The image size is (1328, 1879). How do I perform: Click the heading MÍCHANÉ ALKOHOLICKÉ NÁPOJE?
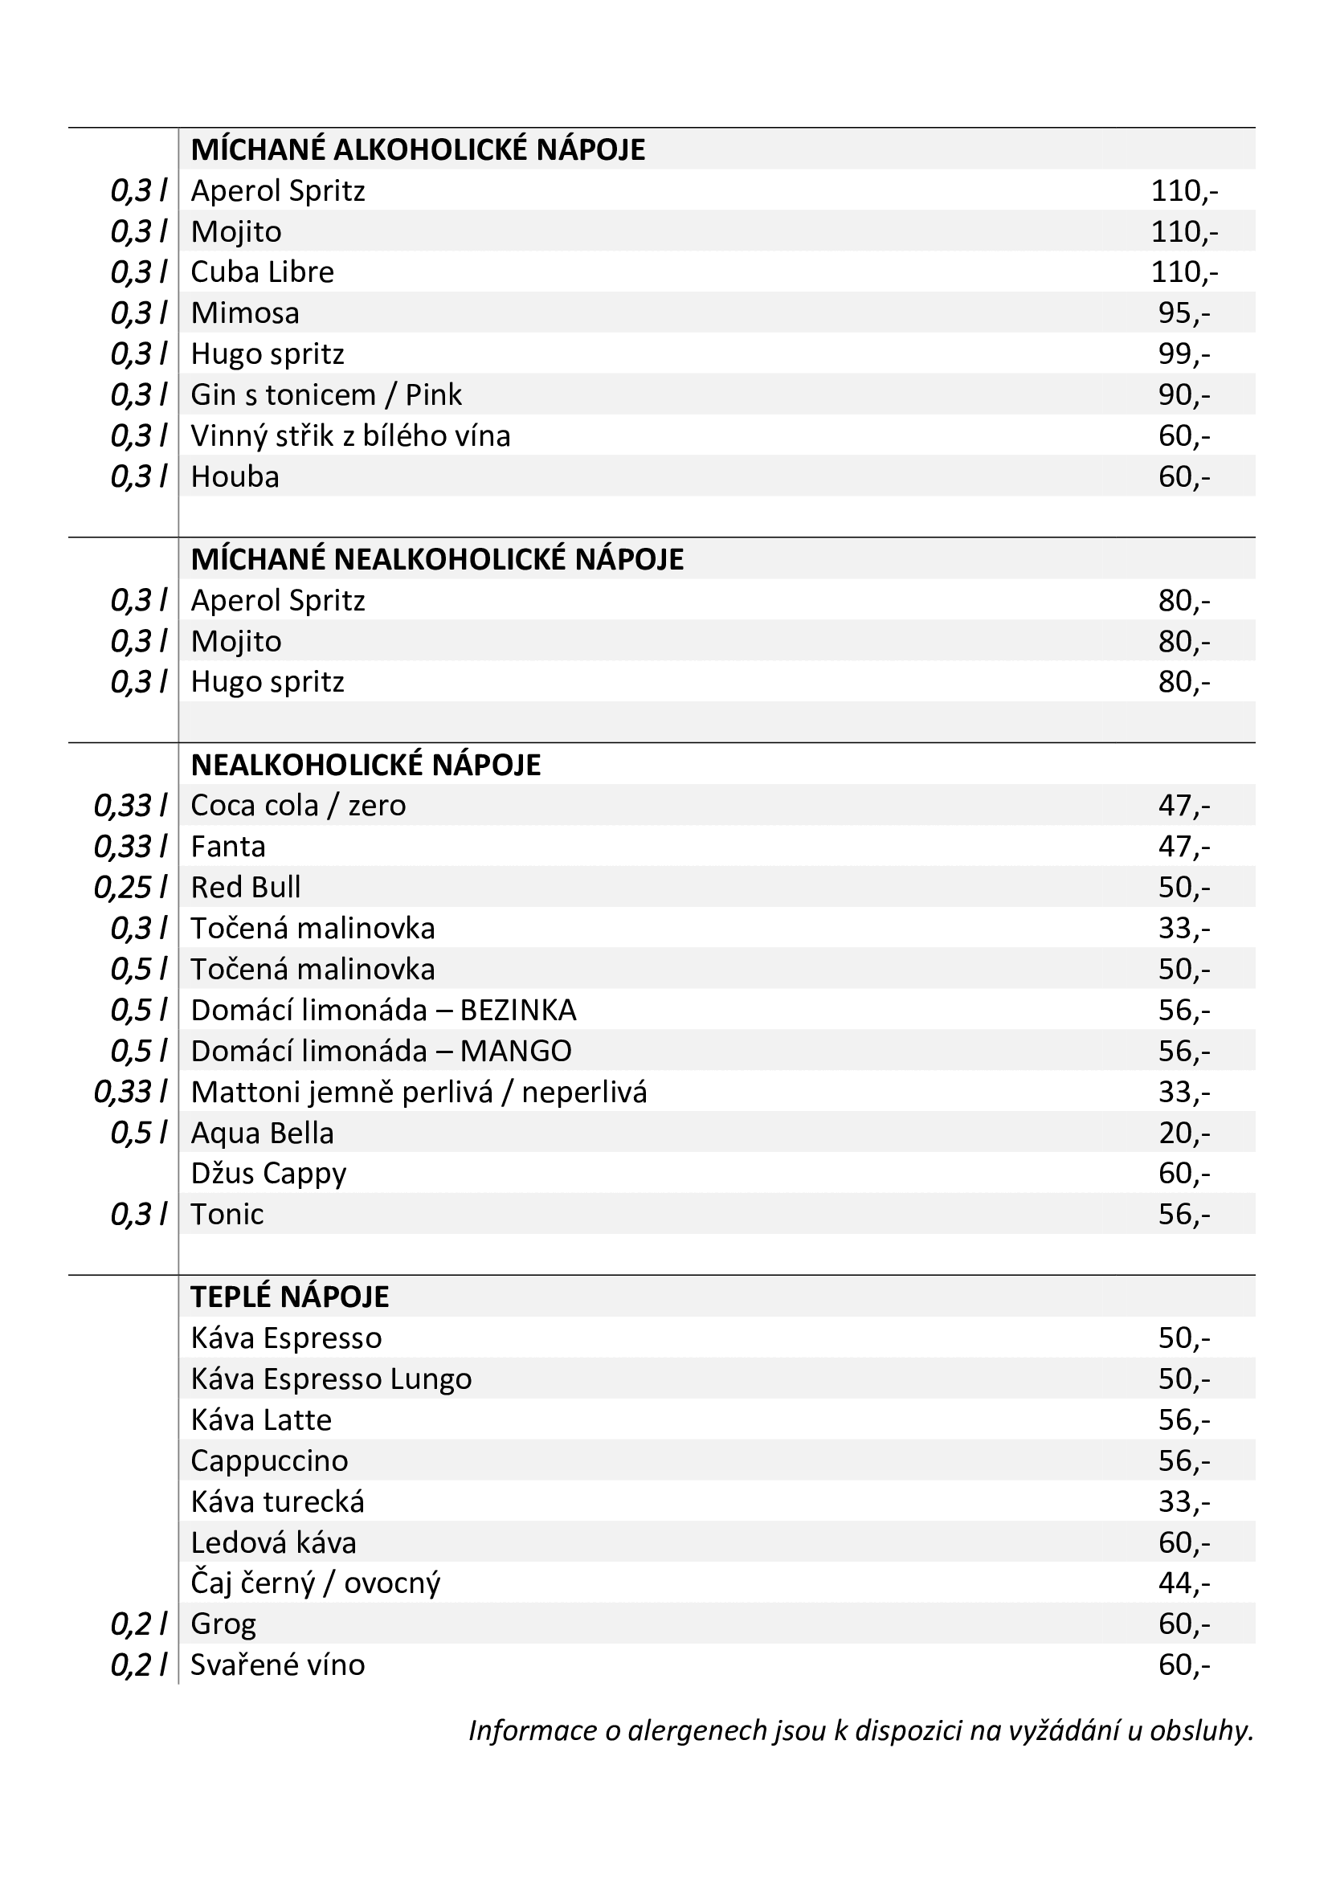(x=417, y=149)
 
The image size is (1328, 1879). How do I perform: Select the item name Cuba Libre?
(x=262, y=272)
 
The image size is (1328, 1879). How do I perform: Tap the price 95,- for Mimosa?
(x=1183, y=313)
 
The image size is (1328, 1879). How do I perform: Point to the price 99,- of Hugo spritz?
(x=1183, y=354)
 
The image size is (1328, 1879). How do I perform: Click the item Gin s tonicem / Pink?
(x=325, y=395)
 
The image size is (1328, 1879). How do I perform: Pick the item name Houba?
(x=235, y=477)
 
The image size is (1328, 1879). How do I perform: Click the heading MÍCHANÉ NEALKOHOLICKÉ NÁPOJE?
(x=437, y=560)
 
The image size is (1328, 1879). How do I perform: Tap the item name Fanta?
(x=227, y=847)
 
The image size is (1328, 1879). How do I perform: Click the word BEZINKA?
(x=518, y=1011)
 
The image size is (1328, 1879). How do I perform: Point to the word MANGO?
(x=516, y=1052)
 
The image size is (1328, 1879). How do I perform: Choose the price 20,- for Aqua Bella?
(x=1183, y=1134)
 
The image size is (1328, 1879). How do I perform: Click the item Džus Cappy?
(x=268, y=1174)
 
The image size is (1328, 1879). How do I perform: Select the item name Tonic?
(x=227, y=1215)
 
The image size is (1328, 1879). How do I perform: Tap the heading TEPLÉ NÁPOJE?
(x=290, y=1297)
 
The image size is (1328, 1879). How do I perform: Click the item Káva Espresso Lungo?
(x=330, y=1380)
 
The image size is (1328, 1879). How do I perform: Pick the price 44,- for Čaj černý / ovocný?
(x=1183, y=1583)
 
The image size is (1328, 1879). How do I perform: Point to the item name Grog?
(x=223, y=1624)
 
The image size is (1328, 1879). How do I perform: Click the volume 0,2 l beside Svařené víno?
(x=139, y=1665)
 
